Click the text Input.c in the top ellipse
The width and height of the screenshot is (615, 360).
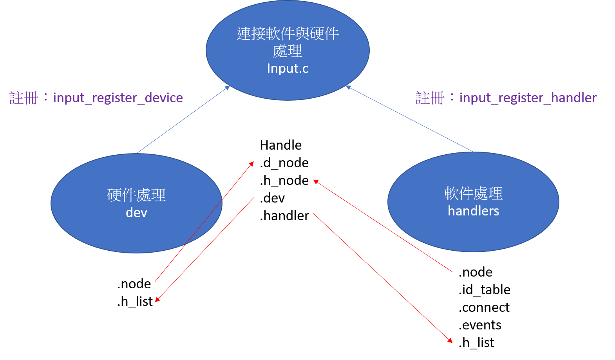pyautogui.click(x=288, y=69)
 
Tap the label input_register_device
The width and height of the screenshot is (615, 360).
pyautogui.click(x=118, y=98)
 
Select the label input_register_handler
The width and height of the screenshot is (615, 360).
pyautogui.click(x=528, y=98)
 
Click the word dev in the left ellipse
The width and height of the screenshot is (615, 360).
pyautogui.click(x=136, y=213)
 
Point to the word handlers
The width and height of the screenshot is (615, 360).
pyautogui.click(x=473, y=211)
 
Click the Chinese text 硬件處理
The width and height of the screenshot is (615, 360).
pyautogui.click(x=136, y=195)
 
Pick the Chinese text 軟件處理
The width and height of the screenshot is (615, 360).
pyautogui.click(x=473, y=194)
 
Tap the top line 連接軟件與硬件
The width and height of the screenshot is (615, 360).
pyautogui.click(x=288, y=34)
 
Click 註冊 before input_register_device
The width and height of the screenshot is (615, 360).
pyautogui.click(x=24, y=98)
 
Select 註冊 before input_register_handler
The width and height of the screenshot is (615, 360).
pyautogui.click(x=430, y=98)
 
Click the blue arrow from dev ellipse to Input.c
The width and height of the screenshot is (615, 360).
pyautogui.click(x=183, y=119)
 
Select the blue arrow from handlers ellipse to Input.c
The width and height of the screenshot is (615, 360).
pyautogui.click(x=409, y=119)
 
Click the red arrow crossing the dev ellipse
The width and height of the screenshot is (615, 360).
pyautogui.click(x=204, y=221)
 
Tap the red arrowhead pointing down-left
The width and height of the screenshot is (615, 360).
pyautogui.click(x=157, y=300)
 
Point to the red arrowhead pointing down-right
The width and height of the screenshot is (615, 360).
pyautogui.click(x=450, y=341)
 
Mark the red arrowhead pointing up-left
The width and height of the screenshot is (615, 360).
pyautogui.click(x=315, y=181)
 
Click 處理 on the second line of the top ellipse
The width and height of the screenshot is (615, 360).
pyautogui.click(x=288, y=51)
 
